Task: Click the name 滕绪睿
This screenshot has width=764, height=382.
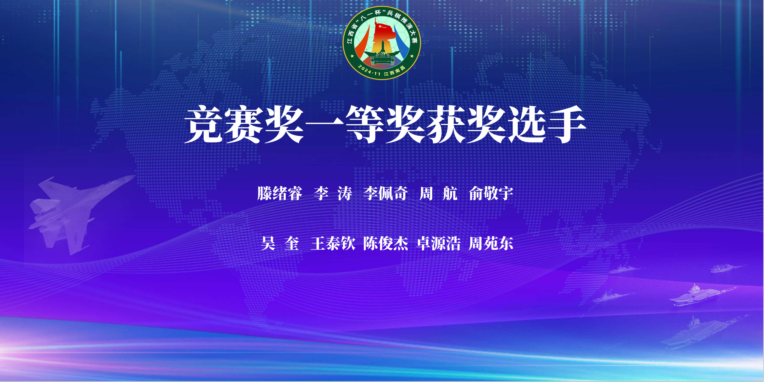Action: point(279,194)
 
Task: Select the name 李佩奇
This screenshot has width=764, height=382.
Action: point(385,194)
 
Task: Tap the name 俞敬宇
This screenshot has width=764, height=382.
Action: point(491,194)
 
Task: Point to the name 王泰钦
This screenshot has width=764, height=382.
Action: point(333,243)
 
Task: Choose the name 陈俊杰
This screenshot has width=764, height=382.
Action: point(385,243)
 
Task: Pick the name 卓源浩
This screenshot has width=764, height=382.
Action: point(439,243)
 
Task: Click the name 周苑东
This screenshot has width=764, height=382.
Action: point(491,243)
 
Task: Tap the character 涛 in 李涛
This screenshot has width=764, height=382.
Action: point(344,194)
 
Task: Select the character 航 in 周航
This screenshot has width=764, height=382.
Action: point(450,194)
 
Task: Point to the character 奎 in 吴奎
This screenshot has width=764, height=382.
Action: point(292,243)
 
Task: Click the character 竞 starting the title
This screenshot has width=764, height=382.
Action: point(204,125)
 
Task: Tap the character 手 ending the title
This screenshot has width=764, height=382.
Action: point(566,125)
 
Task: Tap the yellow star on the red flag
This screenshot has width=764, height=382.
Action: point(380,26)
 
